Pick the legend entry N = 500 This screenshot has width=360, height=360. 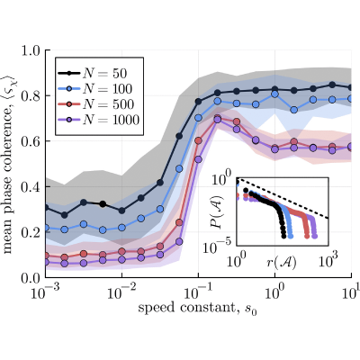click(x=95, y=104)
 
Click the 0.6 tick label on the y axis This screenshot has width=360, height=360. click(x=31, y=141)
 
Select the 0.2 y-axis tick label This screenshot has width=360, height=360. click(x=31, y=232)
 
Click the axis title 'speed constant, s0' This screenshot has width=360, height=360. click(x=198, y=309)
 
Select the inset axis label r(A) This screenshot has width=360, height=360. click(x=282, y=262)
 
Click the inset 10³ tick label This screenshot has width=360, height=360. click(x=328, y=261)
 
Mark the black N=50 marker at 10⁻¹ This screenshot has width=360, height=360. click(x=198, y=102)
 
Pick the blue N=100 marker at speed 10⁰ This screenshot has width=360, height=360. click(x=274, y=94)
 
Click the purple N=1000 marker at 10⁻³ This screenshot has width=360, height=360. click(x=46, y=263)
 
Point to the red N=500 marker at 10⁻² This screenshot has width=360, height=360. click(x=121, y=251)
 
